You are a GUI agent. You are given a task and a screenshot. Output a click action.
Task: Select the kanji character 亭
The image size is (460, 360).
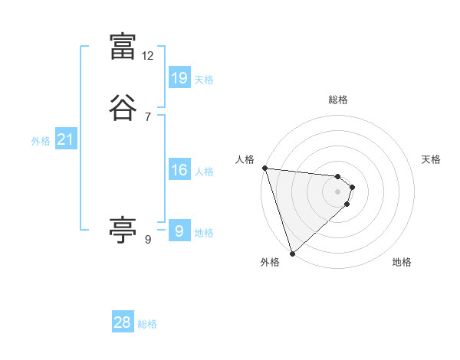coord(123,231)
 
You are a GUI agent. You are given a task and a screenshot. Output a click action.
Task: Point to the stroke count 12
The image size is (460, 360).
coord(148,56)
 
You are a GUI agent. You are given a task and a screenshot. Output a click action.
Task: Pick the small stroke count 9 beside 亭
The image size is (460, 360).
coord(148,240)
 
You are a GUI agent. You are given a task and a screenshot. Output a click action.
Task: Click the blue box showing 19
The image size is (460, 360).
coord(179,78)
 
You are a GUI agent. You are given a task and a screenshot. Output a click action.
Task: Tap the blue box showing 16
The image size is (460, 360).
coord(179,170)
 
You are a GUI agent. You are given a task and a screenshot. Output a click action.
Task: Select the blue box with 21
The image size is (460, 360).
coord(65,139)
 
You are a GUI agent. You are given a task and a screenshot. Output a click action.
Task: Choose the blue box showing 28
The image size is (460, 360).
coord(123,322)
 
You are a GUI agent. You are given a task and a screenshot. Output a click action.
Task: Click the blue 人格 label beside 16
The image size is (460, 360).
coord(204,172)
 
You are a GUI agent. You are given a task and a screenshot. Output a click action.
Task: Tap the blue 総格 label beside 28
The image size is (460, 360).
coord(147,324)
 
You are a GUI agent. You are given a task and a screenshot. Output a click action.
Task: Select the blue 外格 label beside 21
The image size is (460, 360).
coord(41,141)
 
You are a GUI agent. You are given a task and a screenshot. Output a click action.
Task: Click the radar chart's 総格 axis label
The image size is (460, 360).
coord(338,100)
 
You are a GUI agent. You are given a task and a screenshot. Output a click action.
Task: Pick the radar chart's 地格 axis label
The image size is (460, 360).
coord(402,263)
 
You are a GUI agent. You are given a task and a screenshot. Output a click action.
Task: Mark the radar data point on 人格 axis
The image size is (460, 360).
coord(264,168)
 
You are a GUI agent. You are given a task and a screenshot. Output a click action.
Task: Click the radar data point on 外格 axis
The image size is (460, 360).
coord(291,252)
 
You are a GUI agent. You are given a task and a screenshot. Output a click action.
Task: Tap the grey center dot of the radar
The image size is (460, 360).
coord(337,191)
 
